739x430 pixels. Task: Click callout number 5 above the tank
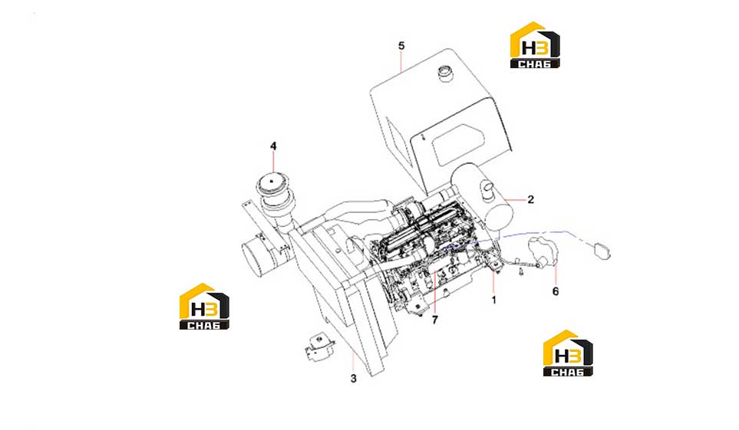(x=401, y=46)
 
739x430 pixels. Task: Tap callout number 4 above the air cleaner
(x=273, y=146)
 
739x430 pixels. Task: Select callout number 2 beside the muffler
(x=531, y=199)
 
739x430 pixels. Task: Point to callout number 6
(x=555, y=291)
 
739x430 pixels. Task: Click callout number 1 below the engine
(x=494, y=300)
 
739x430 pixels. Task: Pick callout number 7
(x=434, y=320)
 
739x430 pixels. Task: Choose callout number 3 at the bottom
(x=354, y=378)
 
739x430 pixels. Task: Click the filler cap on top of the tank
(x=445, y=74)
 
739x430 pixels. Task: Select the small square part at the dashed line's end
(x=602, y=250)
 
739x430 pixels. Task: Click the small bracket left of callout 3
(x=318, y=346)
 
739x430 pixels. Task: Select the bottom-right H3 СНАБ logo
(x=568, y=353)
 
